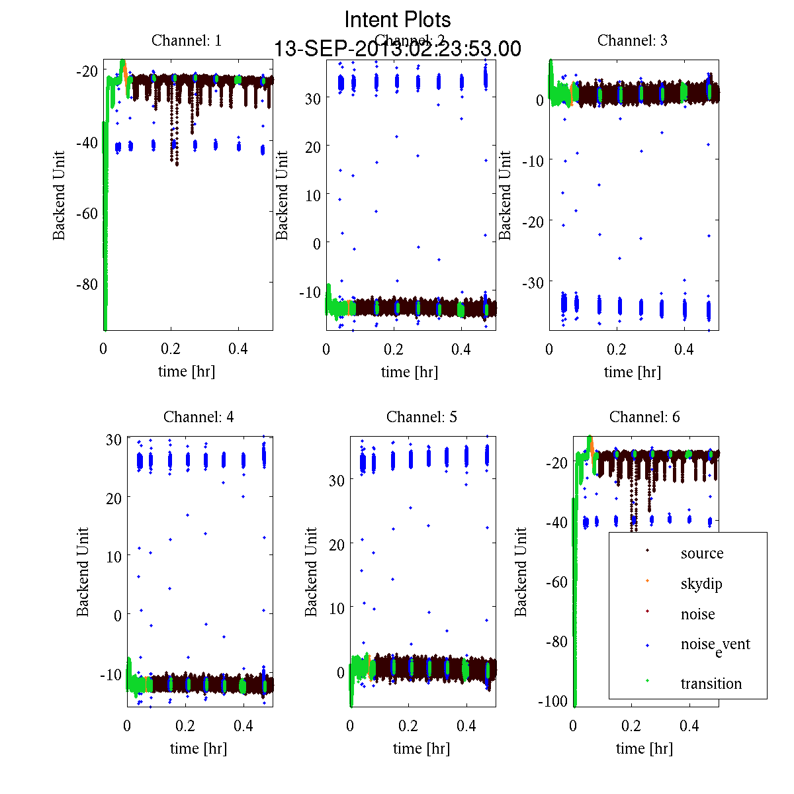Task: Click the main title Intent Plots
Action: pos(398,19)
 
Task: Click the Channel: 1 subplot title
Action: pos(187,40)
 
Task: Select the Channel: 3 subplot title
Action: pos(632,40)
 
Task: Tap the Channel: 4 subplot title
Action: pos(198,417)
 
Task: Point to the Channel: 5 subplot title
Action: pos(421,417)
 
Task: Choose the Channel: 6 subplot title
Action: pos(644,417)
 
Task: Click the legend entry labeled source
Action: pos(701,553)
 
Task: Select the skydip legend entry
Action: pos(701,584)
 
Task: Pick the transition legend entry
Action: pos(711,684)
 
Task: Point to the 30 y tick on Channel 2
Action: pos(312,98)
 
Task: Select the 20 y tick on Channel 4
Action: pos(113,498)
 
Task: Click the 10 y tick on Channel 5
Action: pos(336,607)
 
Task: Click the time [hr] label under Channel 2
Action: pos(409,372)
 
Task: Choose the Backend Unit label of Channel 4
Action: pos(83,572)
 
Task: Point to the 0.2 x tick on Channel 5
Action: pos(408,726)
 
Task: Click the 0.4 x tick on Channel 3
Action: pos(684,349)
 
